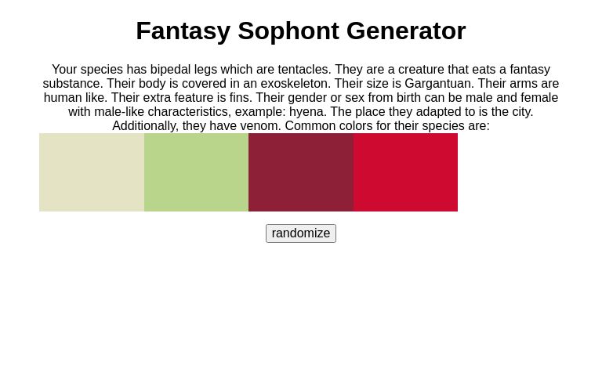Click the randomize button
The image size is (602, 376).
(x=301, y=233)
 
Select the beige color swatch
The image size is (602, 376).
(x=92, y=172)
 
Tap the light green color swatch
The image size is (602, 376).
(x=196, y=172)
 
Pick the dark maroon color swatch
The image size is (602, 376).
(x=301, y=172)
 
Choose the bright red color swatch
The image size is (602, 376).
(x=405, y=172)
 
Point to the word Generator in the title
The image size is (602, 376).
(x=406, y=31)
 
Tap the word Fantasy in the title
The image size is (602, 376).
(x=183, y=31)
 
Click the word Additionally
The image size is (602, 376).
(x=145, y=126)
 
